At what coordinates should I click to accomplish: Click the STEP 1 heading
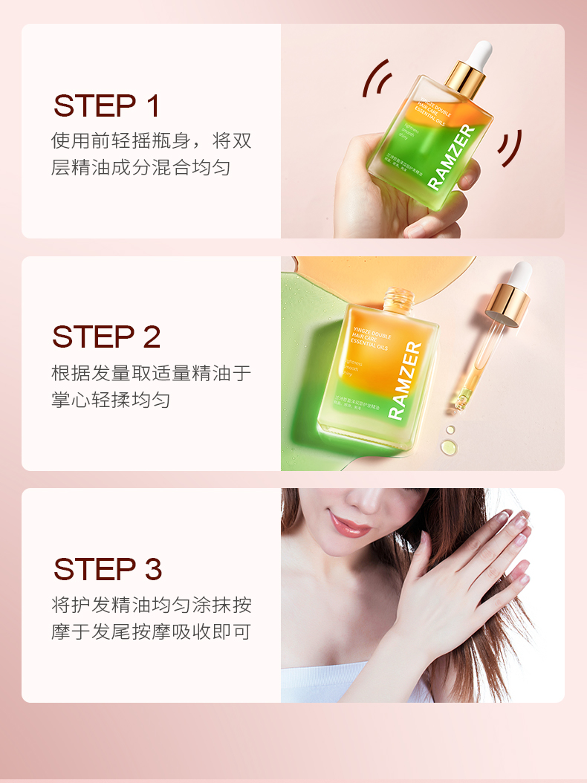(107, 106)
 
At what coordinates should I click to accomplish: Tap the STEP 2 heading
(106, 337)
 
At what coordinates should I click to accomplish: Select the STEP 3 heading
(108, 569)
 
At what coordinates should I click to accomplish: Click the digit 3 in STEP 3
(152, 569)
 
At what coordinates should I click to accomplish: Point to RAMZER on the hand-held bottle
(452, 157)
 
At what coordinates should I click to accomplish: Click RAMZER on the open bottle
(406, 381)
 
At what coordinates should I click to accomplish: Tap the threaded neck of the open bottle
(398, 299)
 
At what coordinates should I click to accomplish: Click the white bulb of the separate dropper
(520, 273)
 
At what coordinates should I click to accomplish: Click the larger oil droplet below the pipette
(448, 446)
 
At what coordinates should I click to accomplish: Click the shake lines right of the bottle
(510, 148)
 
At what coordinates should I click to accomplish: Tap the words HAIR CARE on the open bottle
(369, 338)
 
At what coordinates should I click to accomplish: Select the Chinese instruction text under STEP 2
(151, 386)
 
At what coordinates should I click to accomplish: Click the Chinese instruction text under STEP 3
(151, 617)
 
